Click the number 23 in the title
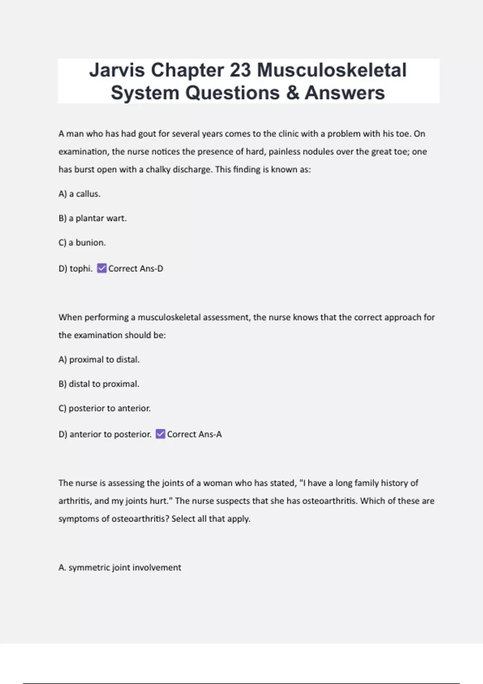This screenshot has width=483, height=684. tap(241, 70)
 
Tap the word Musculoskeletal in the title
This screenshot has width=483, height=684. tap(332, 70)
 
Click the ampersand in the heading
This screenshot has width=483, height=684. tap(293, 93)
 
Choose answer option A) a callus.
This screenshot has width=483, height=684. tap(80, 194)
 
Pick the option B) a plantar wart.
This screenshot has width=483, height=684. tap(93, 218)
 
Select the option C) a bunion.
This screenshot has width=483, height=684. tap(82, 243)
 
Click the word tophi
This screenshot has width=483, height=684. tap(81, 268)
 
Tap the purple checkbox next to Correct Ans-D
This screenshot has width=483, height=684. tap(102, 268)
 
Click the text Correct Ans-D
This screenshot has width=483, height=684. tap(136, 268)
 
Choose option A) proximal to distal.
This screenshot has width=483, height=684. tap(99, 360)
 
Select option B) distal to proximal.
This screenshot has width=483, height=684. tap(99, 384)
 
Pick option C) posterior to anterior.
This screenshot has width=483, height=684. tap(105, 408)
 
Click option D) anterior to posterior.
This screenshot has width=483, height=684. tap(105, 434)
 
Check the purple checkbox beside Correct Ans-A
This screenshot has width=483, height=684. tap(161, 434)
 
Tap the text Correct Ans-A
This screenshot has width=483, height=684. tap(194, 434)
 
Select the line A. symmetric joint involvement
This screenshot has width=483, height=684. tap(120, 567)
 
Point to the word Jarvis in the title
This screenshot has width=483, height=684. tap(117, 70)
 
